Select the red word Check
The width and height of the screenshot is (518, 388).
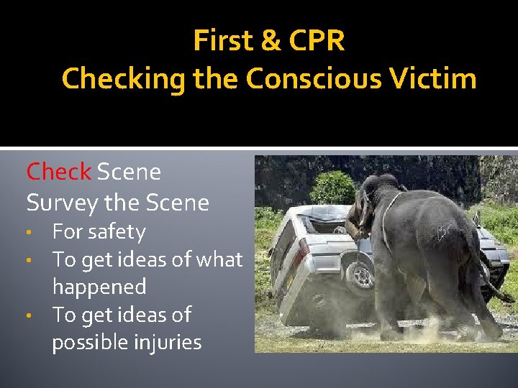pyautogui.click(x=58, y=172)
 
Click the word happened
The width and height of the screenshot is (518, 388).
pyautogui.click(x=99, y=287)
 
